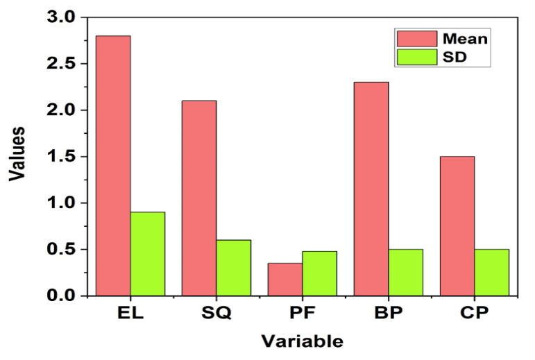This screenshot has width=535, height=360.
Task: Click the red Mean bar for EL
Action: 113,166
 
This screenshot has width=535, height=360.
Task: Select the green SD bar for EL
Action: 147,254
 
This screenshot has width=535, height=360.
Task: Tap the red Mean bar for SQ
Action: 199,198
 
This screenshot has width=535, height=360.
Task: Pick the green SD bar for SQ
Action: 233,268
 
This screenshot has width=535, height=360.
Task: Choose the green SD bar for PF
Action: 319,273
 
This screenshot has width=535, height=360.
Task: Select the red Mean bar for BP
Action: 371,189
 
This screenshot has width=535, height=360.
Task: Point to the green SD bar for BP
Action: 405,272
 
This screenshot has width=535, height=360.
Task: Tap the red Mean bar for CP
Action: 457,225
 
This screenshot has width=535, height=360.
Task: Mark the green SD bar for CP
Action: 491,272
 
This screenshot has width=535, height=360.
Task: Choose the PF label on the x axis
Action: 302,313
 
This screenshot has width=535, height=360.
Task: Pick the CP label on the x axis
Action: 475,313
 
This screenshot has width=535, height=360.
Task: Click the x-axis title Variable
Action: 302,341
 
